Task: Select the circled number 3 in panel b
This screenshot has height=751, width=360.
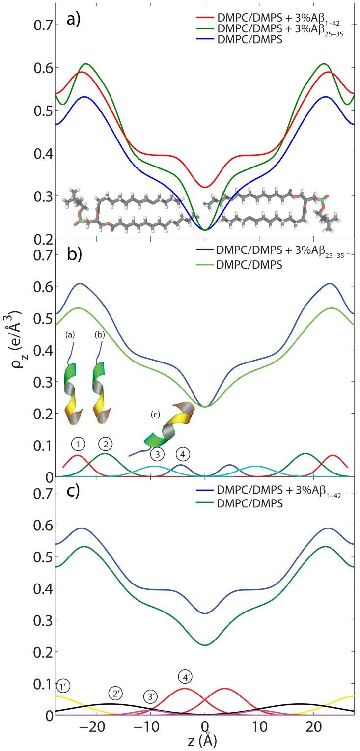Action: coord(157,454)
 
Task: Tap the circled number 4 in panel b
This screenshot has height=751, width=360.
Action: coord(183,454)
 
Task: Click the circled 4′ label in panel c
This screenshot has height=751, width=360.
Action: coord(185,677)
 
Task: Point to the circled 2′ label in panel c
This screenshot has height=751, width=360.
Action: coord(115,694)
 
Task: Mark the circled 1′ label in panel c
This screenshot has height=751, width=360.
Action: coord(64,686)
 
